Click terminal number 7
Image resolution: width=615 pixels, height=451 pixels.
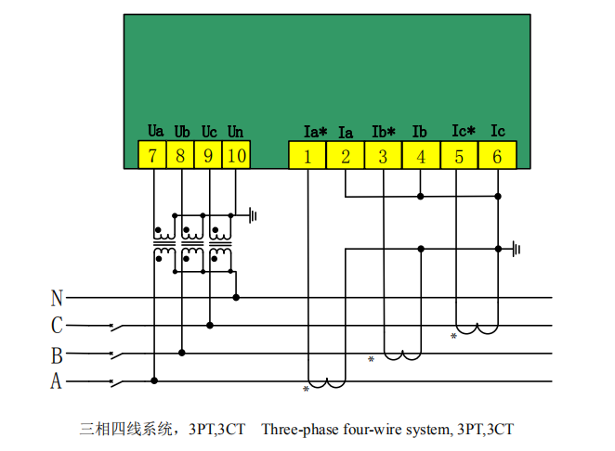pos(152,155)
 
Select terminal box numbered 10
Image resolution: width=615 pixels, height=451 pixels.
pos(236,155)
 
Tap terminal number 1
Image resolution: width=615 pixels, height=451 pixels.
pos(307,156)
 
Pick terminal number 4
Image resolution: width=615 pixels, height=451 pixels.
pos(421,156)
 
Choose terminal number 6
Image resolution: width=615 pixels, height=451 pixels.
pos(497,156)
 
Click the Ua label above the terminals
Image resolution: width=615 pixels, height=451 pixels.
pos(155,131)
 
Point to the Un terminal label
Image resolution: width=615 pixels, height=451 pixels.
pos(235,132)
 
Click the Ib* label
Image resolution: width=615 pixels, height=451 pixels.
pos(384,132)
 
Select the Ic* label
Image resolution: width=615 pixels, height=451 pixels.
pos(464,131)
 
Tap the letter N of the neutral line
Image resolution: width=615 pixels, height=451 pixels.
pos(57,298)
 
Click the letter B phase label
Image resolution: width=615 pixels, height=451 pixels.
pos(57,355)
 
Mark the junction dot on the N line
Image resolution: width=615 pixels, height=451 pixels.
pos(236,297)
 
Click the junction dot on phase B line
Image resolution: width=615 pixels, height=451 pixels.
pos(181,353)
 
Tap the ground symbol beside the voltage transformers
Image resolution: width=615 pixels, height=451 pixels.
pos(253,215)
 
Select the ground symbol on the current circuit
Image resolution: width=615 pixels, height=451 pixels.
pos(517,249)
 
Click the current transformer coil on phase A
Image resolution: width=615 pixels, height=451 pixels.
pos(326,383)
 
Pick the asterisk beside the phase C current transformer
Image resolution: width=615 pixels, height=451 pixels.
pos(453,336)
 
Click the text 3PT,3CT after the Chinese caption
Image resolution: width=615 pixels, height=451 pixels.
pos(216,430)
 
